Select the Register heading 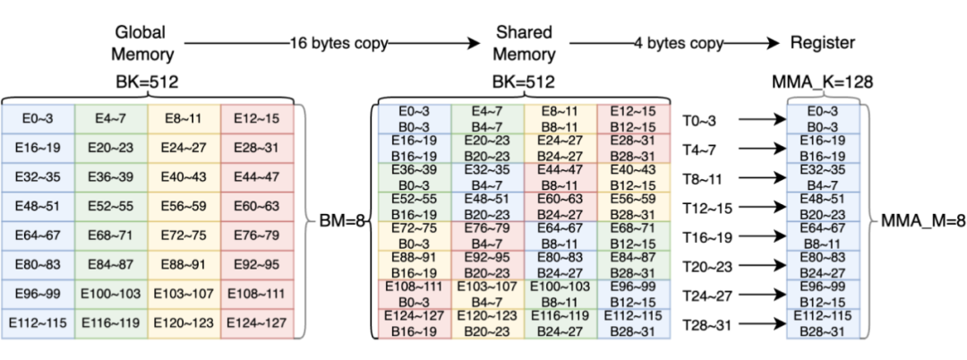click(822, 43)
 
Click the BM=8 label click(340, 219)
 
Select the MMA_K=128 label click(824, 82)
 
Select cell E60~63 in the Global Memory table click(257, 206)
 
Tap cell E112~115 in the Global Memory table click(39, 322)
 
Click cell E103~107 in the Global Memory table click(184, 293)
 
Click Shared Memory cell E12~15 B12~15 click(633, 119)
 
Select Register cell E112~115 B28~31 click(823, 324)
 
